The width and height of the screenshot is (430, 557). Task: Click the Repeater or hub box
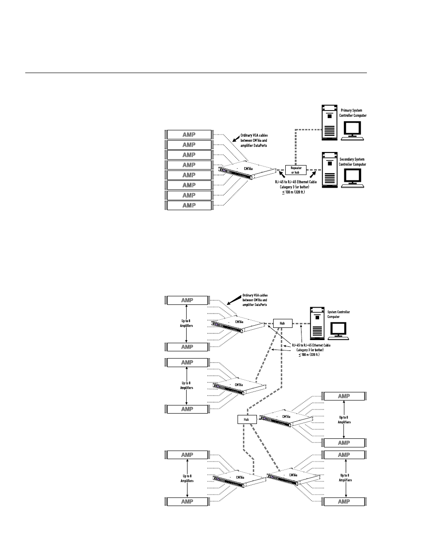(296, 170)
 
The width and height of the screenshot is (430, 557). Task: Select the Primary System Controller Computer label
(352, 113)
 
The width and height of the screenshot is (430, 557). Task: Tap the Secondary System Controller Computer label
(352, 162)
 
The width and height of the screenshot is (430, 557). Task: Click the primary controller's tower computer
(329, 123)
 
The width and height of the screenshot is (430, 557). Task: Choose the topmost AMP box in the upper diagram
(189, 134)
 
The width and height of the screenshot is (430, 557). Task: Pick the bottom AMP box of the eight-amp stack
(189, 205)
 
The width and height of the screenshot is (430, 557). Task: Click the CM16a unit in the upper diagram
(247, 170)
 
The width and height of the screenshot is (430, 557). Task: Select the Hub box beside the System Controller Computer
(283, 323)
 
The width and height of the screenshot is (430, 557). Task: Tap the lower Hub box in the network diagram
(247, 419)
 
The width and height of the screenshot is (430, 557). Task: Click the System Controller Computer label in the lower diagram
(339, 314)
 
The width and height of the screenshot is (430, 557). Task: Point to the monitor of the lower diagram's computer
(339, 331)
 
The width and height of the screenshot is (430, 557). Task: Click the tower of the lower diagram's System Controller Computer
(317, 323)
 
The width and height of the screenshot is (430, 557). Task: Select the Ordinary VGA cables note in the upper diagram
(254, 140)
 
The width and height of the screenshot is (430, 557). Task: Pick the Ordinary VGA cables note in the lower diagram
(255, 300)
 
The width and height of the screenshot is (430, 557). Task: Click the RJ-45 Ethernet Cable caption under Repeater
(296, 187)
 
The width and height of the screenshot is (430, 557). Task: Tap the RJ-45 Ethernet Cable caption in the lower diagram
(311, 350)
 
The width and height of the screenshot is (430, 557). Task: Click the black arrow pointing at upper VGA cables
(236, 138)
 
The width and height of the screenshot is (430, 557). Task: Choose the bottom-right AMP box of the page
(344, 502)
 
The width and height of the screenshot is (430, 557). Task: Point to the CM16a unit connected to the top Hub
(238, 324)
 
